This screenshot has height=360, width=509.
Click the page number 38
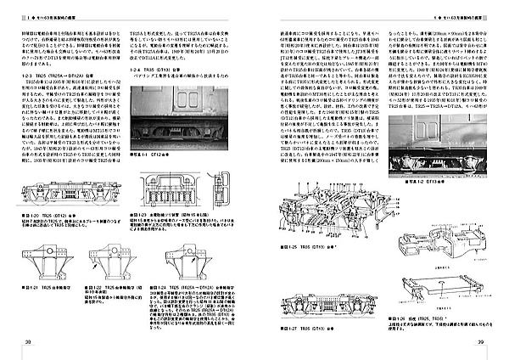[28, 342]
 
